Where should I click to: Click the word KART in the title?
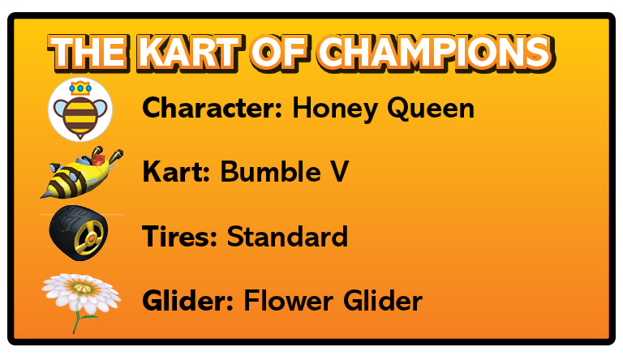point(189,52)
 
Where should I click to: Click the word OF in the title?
point(280,52)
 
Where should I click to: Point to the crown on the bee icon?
point(80,88)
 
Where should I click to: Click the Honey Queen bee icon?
point(80,109)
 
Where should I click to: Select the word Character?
point(213,108)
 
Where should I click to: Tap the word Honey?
point(335,109)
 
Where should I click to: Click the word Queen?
point(431,109)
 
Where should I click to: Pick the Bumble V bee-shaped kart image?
point(81,173)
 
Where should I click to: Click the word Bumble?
point(271,172)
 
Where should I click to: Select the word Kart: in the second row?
point(176,172)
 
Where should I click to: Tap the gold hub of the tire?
point(91,239)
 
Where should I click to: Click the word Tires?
point(179,237)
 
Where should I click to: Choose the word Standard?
point(287,237)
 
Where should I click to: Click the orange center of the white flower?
point(82,288)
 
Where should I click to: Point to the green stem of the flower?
point(80,318)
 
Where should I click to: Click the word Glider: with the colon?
point(188,300)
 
